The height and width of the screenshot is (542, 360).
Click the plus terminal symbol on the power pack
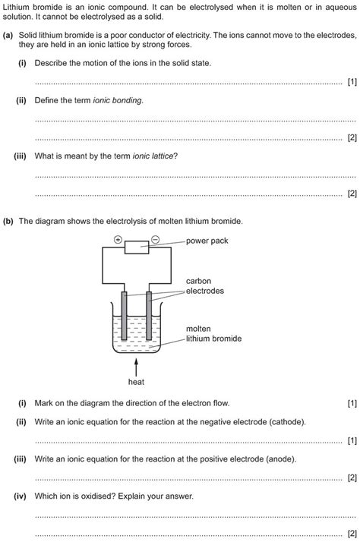click(118, 240)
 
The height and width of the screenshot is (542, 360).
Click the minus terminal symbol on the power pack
click(156, 240)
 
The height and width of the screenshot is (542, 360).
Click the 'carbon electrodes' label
click(205, 286)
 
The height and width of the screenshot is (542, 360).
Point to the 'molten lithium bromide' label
click(213, 333)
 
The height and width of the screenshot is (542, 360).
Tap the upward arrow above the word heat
click(136, 367)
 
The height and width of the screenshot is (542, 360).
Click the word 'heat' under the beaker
click(136, 382)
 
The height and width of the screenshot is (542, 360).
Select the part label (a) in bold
click(8, 35)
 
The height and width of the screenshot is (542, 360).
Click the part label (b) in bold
click(8, 221)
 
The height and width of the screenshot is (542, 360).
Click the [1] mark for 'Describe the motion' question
click(352, 82)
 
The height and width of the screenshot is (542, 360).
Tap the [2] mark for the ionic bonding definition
click(352, 137)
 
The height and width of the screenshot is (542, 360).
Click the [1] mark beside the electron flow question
click(352, 403)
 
